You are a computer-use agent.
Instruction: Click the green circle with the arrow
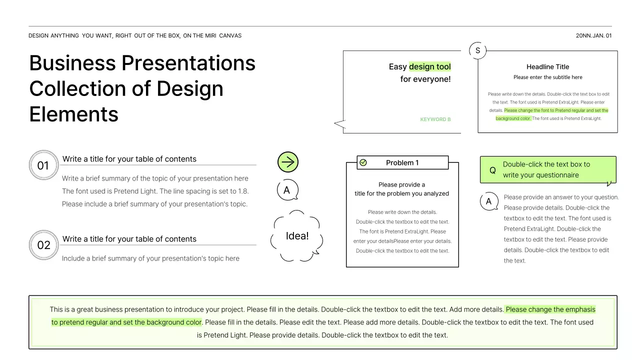coord(287,162)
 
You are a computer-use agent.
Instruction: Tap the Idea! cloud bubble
coord(297,236)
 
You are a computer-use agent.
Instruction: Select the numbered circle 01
coord(43,165)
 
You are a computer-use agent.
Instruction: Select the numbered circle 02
coord(43,245)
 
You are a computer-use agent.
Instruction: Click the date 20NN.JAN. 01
coord(593,35)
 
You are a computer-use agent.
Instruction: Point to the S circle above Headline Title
coord(477,50)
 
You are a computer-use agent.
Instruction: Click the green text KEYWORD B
coord(435,119)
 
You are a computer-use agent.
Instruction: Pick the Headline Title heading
coord(547,66)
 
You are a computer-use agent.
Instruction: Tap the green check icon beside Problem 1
coord(363,162)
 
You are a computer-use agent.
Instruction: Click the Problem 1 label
coord(402,162)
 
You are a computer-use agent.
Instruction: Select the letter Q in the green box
coord(492,170)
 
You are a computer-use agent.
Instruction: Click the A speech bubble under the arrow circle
coord(286,190)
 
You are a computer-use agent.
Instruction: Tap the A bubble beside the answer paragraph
coord(488,201)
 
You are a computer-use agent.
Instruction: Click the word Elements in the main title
coord(74,114)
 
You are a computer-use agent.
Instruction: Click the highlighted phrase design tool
coord(429,66)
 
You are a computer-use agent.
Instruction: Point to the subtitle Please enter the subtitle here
coord(547,77)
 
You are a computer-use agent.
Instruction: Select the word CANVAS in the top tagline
coord(230,35)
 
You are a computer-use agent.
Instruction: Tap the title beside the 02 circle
coord(129,239)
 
